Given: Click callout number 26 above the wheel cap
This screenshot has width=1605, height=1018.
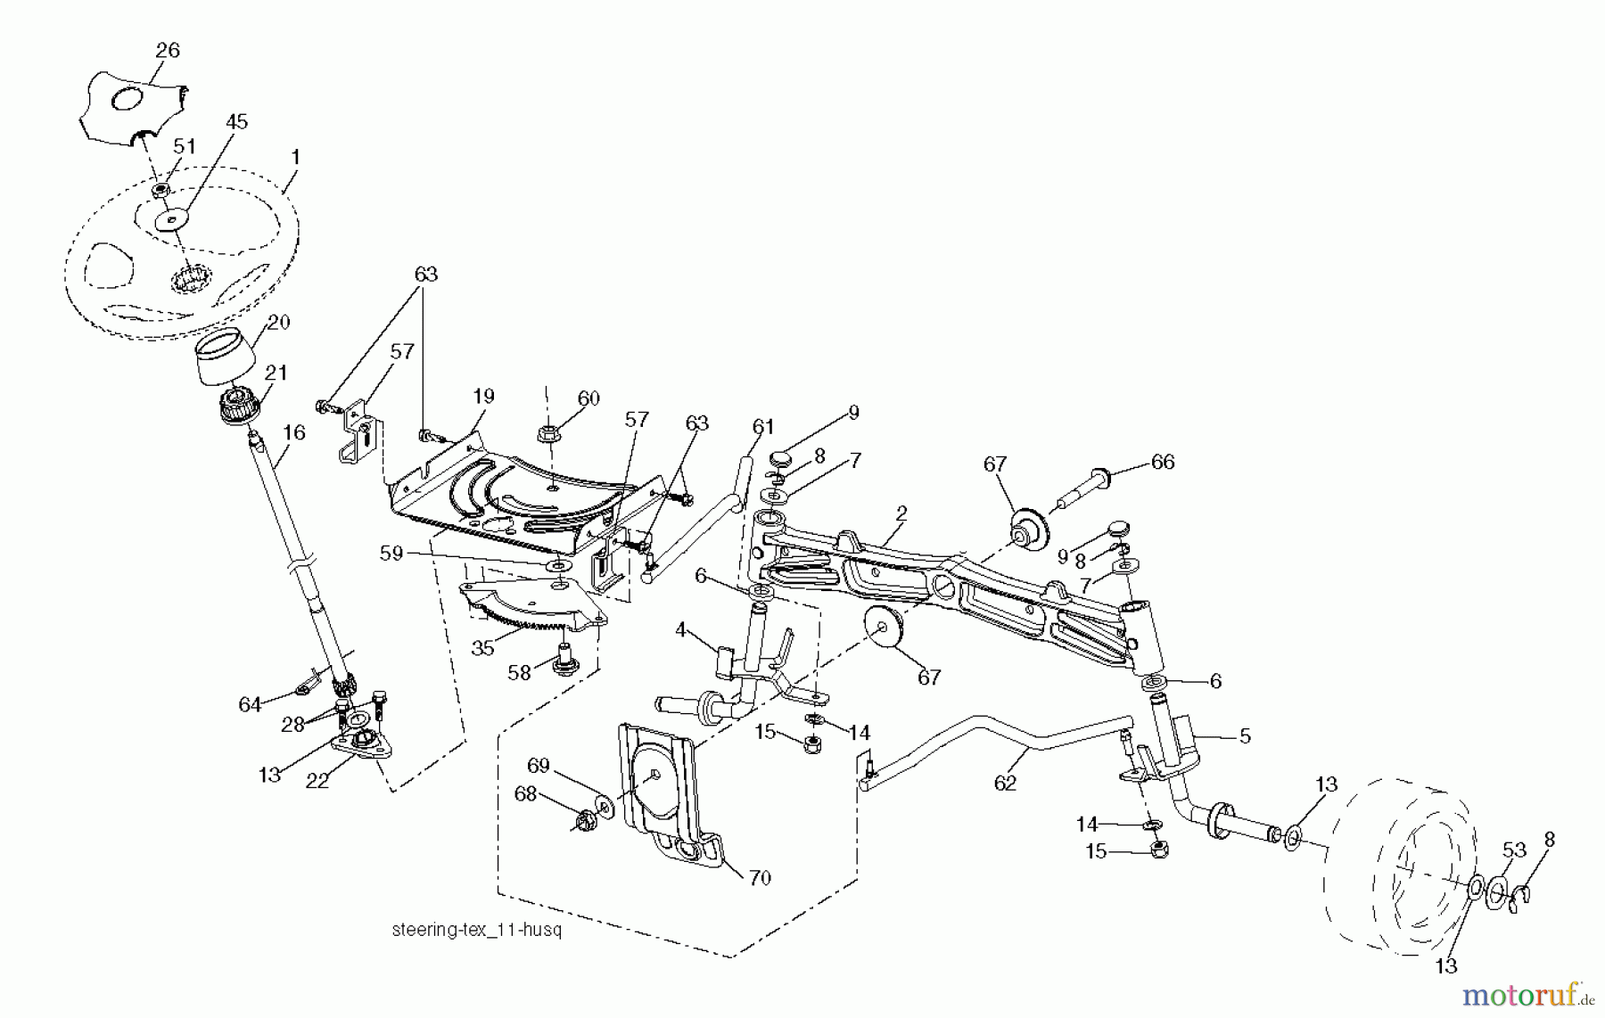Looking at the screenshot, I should click(x=168, y=51).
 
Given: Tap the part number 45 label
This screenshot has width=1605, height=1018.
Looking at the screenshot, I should click(x=236, y=121).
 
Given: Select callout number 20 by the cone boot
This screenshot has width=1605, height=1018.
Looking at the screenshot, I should click(x=279, y=322).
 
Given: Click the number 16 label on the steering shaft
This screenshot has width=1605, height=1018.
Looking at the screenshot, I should click(x=294, y=432).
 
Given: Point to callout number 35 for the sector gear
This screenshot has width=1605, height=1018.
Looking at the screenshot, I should click(x=482, y=648).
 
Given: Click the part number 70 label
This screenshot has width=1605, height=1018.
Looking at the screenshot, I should click(x=759, y=878).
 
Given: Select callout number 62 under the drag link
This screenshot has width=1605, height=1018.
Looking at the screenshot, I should click(x=1005, y=783).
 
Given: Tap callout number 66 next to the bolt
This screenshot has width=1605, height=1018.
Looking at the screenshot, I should click(x=1163, y=462).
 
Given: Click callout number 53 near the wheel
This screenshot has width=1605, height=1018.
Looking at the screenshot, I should click(x=1514, y=850).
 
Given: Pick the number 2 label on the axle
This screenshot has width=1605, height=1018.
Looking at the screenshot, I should click(x=901, y=513).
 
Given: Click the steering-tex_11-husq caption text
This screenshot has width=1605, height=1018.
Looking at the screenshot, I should click(x=477, y=931).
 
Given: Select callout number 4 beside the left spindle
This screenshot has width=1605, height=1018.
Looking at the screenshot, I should click(x=680, y=630).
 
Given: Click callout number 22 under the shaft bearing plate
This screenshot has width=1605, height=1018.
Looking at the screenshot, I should click(x=317, y=780).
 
